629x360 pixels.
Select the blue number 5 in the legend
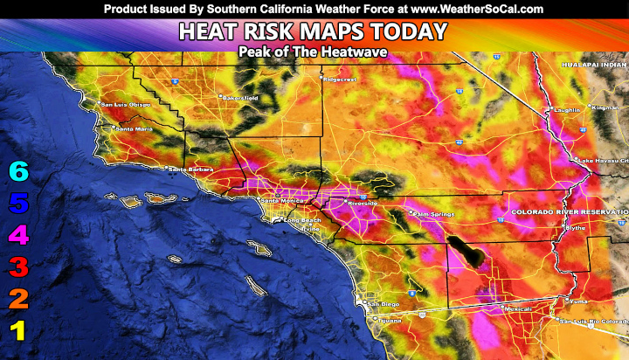(18, 204)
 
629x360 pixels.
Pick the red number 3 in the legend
(18, 267)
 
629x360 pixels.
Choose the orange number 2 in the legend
(18, 299)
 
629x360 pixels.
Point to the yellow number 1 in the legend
(18, 330)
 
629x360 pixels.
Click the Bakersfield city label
(241, 97)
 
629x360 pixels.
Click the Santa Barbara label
(186, 169)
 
